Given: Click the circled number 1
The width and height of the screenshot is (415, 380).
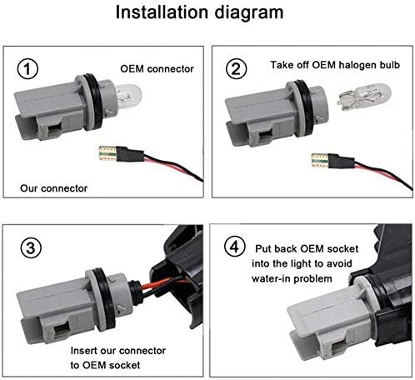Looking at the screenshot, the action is (27, 68).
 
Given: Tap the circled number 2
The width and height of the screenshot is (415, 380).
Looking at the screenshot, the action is (236, 68).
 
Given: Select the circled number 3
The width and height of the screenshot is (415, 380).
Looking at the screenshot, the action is (31, 247).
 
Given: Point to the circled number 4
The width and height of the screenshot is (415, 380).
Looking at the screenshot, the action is (235, 246).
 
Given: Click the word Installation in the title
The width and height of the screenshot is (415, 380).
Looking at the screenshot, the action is (162, 12).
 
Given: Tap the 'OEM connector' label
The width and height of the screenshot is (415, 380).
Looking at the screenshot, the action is (157, 69).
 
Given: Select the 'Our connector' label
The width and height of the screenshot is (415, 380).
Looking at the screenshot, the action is (53, 188).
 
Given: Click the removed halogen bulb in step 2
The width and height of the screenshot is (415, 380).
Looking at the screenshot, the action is (364, 97).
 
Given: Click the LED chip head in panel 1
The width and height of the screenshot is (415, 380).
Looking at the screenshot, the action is (107, 154).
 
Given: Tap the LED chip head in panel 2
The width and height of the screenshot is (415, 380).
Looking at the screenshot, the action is (320, 161).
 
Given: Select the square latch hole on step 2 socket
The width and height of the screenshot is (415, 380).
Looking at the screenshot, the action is (266, 136).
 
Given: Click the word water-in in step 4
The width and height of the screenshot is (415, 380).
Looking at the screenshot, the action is (272, 278).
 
